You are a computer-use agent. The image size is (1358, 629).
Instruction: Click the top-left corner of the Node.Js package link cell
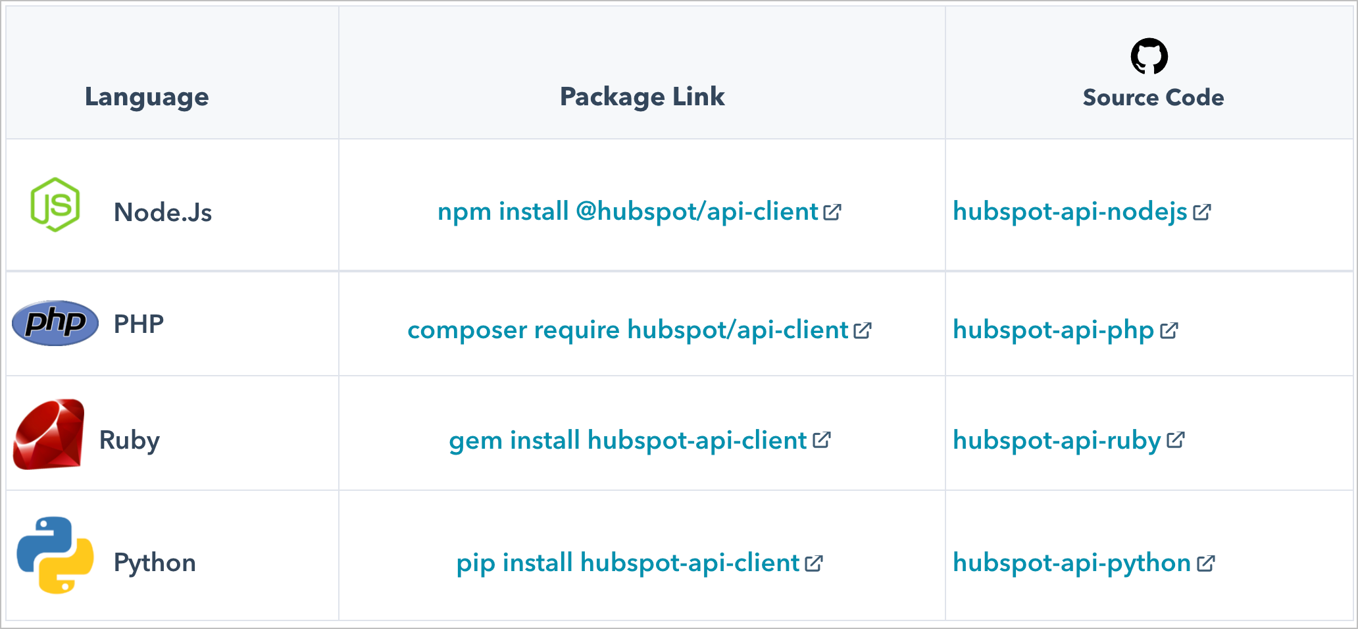(x=339, y=139)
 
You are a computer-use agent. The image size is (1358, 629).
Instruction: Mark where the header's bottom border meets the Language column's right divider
(x=339, y=139)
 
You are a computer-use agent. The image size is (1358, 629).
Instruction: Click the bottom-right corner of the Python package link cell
(x=945, y=620)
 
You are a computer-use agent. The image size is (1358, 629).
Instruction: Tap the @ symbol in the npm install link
(x=586, y=212)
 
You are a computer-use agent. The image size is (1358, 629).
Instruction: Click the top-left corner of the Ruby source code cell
(x=945, y=376)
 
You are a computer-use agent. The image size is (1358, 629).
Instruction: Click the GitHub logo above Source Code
(x=1149, y=57)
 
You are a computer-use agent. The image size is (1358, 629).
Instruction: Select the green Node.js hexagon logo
(x=55, y=205)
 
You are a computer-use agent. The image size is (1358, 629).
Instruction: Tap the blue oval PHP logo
(x=55, y=323)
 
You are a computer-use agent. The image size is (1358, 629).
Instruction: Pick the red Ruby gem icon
(x=49, y=434)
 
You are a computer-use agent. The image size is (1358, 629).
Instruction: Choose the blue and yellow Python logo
(x=55, y=555)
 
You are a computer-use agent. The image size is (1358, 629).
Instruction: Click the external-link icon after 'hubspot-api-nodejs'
(x=1202, y=212)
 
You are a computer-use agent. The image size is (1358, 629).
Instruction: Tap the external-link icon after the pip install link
(x=814, y=563)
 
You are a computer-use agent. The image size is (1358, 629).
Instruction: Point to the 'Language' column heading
(x=147, y=97)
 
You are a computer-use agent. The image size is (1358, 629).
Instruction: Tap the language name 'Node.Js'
(x=163, y=213)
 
